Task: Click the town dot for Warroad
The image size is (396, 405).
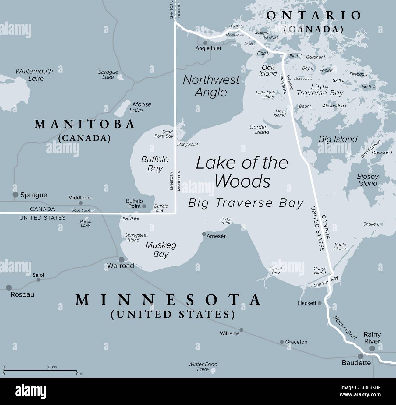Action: pyautogui.click(x=121, y=260)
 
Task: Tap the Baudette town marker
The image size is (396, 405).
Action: pyautogui.click(x=361, y=356)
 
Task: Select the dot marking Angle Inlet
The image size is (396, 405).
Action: pyautogui.click(x=205, y=43)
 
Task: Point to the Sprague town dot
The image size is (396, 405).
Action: pyautogui.click(x=16, y=195)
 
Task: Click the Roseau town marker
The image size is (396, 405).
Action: pyautogui.click(x=9, y=287)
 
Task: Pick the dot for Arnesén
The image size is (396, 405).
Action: pyautogui.click(x=204, y=234)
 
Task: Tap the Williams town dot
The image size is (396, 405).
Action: pyautogui.click(x=241, y=330)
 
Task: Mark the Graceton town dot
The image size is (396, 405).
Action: pyautogui.click(x=282, y=342)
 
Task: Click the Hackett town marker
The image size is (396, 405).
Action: pyautogui.click(x=320, y=303)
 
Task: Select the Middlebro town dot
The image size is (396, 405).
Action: pyautogui.click(x=80, y=203)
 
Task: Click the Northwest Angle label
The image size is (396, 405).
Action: pyautogui.click(x=211, y=86)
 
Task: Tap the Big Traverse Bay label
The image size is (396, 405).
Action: pyautogui.click(x=246, y=203)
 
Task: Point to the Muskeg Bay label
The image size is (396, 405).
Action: pyautogui.click(x=161, y=249)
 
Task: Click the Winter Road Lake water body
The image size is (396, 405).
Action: pyautogui.click(x=213, y=371)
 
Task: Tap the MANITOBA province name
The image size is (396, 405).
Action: pyautogui.click(x=85, y=124)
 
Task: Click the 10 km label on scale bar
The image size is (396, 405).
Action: pyautogui.click(x=52, y=367)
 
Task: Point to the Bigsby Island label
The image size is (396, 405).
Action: pyautogui.click(x=368, y=180)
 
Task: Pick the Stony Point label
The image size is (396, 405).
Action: pyautogui.click(x=188, y=144)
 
